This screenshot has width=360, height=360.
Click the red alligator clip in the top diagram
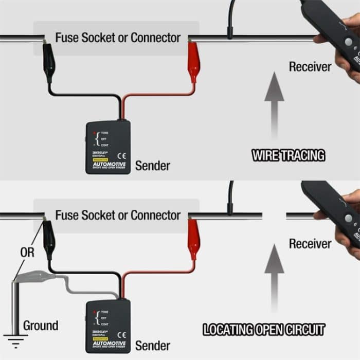[x=194, y=61]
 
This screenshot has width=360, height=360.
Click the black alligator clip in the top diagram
[x=49, y=61]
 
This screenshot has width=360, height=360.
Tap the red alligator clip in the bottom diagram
[x=194, y=238]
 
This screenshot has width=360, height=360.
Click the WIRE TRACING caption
[x=287, y=154]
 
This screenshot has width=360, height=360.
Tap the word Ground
[x=41, y=326]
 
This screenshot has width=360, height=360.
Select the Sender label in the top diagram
[x=152, y=166]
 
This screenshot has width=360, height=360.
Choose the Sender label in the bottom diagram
[x=152, y=345]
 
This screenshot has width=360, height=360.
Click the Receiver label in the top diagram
[x=310, y=66]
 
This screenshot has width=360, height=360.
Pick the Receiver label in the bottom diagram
[x=310, y=243]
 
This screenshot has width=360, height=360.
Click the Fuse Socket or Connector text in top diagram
[x=118, y=38]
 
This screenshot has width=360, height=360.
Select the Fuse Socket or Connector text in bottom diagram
[x=118, y=214]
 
